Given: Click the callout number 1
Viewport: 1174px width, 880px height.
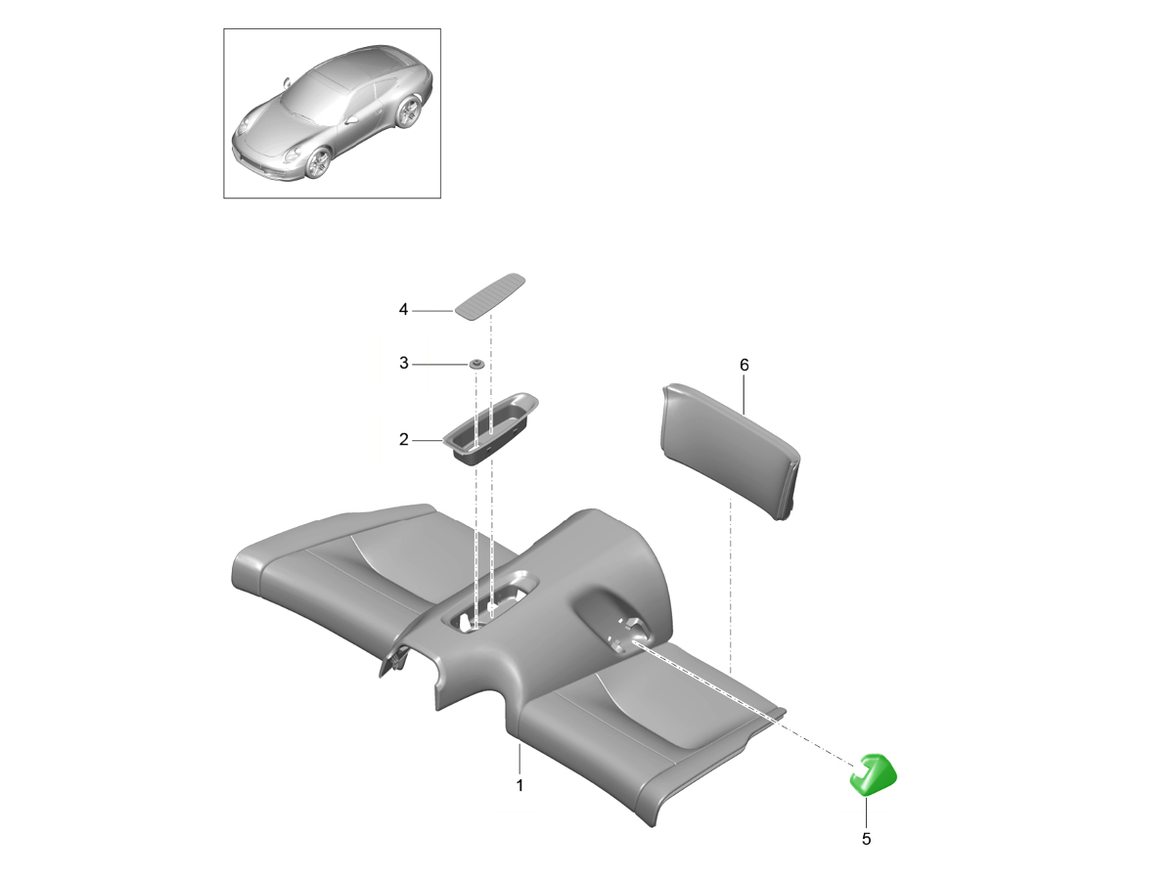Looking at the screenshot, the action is [x=519, y=785].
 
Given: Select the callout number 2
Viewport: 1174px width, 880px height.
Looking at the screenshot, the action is [x=404, y=439].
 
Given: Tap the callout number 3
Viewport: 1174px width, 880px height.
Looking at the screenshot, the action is [x=404, y=364].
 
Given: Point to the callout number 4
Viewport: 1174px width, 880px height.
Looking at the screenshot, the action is [x=403, y=309].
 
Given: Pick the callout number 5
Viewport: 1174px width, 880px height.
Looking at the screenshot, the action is [x=867, y=839].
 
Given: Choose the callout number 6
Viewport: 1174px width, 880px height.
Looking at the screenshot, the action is [x=744, y=365].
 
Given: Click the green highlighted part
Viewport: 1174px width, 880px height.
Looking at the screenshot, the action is [x=874, y=774].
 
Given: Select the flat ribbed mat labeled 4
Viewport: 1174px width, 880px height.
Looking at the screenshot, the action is [x=490, y=297].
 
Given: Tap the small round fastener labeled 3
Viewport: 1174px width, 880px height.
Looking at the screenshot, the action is [x=476, y=365].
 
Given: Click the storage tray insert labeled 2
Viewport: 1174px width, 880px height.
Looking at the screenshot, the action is [x=490, y=427].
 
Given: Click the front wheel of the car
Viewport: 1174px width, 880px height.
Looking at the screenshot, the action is [x=319, y=163].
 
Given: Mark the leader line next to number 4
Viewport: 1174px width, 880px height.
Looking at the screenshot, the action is [x=432, y=310].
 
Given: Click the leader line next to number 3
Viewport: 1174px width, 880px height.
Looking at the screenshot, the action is [x=440, y=365].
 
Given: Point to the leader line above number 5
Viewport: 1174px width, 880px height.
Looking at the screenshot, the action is [x=867, y=813].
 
